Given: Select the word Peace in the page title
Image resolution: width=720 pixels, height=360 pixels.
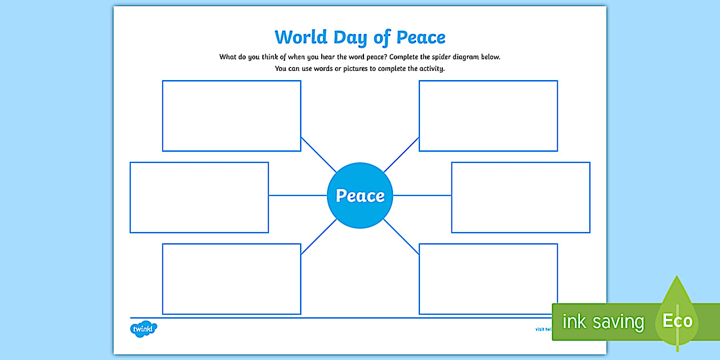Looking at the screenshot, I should (x=421, y=37).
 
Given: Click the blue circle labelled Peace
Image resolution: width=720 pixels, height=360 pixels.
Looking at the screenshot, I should (x=360, y=195).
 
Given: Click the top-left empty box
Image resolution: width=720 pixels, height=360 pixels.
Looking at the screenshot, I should (x=231, y=115).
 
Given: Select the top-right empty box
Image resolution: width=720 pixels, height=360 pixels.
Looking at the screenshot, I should (x=488, y=115).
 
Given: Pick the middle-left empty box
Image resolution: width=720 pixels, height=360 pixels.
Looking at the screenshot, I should (x=199, y=197).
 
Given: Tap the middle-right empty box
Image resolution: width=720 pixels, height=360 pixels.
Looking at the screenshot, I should (x=521, y=197).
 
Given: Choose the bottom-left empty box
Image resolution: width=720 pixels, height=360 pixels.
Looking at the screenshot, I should (x=231, y=279).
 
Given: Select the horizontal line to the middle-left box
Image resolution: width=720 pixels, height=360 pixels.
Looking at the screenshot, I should (x=297, y=195).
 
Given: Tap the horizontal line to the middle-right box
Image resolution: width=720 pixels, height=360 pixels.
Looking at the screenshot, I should (x=422, y=195).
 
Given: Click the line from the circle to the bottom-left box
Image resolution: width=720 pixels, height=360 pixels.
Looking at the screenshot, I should (x=318, y=237).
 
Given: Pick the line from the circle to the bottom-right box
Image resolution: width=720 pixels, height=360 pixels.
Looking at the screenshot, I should (x=402, y=237).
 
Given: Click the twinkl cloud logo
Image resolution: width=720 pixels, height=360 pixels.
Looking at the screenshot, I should (x=143, y=329).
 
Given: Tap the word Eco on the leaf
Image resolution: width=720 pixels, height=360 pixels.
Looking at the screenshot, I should (x=677, y=321).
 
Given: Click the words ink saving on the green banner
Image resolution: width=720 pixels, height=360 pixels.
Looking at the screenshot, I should (x=602, y=322).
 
